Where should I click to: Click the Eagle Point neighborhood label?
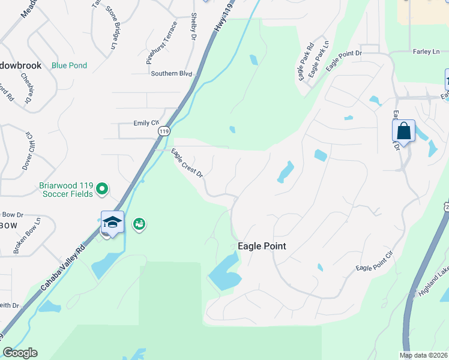(x=262, y=246)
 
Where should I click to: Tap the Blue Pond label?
(x=69, y=65)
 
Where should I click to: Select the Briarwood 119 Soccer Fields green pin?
(x=102, y=189)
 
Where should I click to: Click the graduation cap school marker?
(x=112, y=222)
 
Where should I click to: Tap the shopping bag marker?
(x=404, y=131)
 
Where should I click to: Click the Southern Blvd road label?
(x=172, y=73)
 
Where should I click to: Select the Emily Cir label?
(x=146, y=123)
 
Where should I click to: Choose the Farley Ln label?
(x=426, y=52)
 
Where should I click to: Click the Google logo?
(x=20, y=353)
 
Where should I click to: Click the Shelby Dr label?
(x=193, y=27)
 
